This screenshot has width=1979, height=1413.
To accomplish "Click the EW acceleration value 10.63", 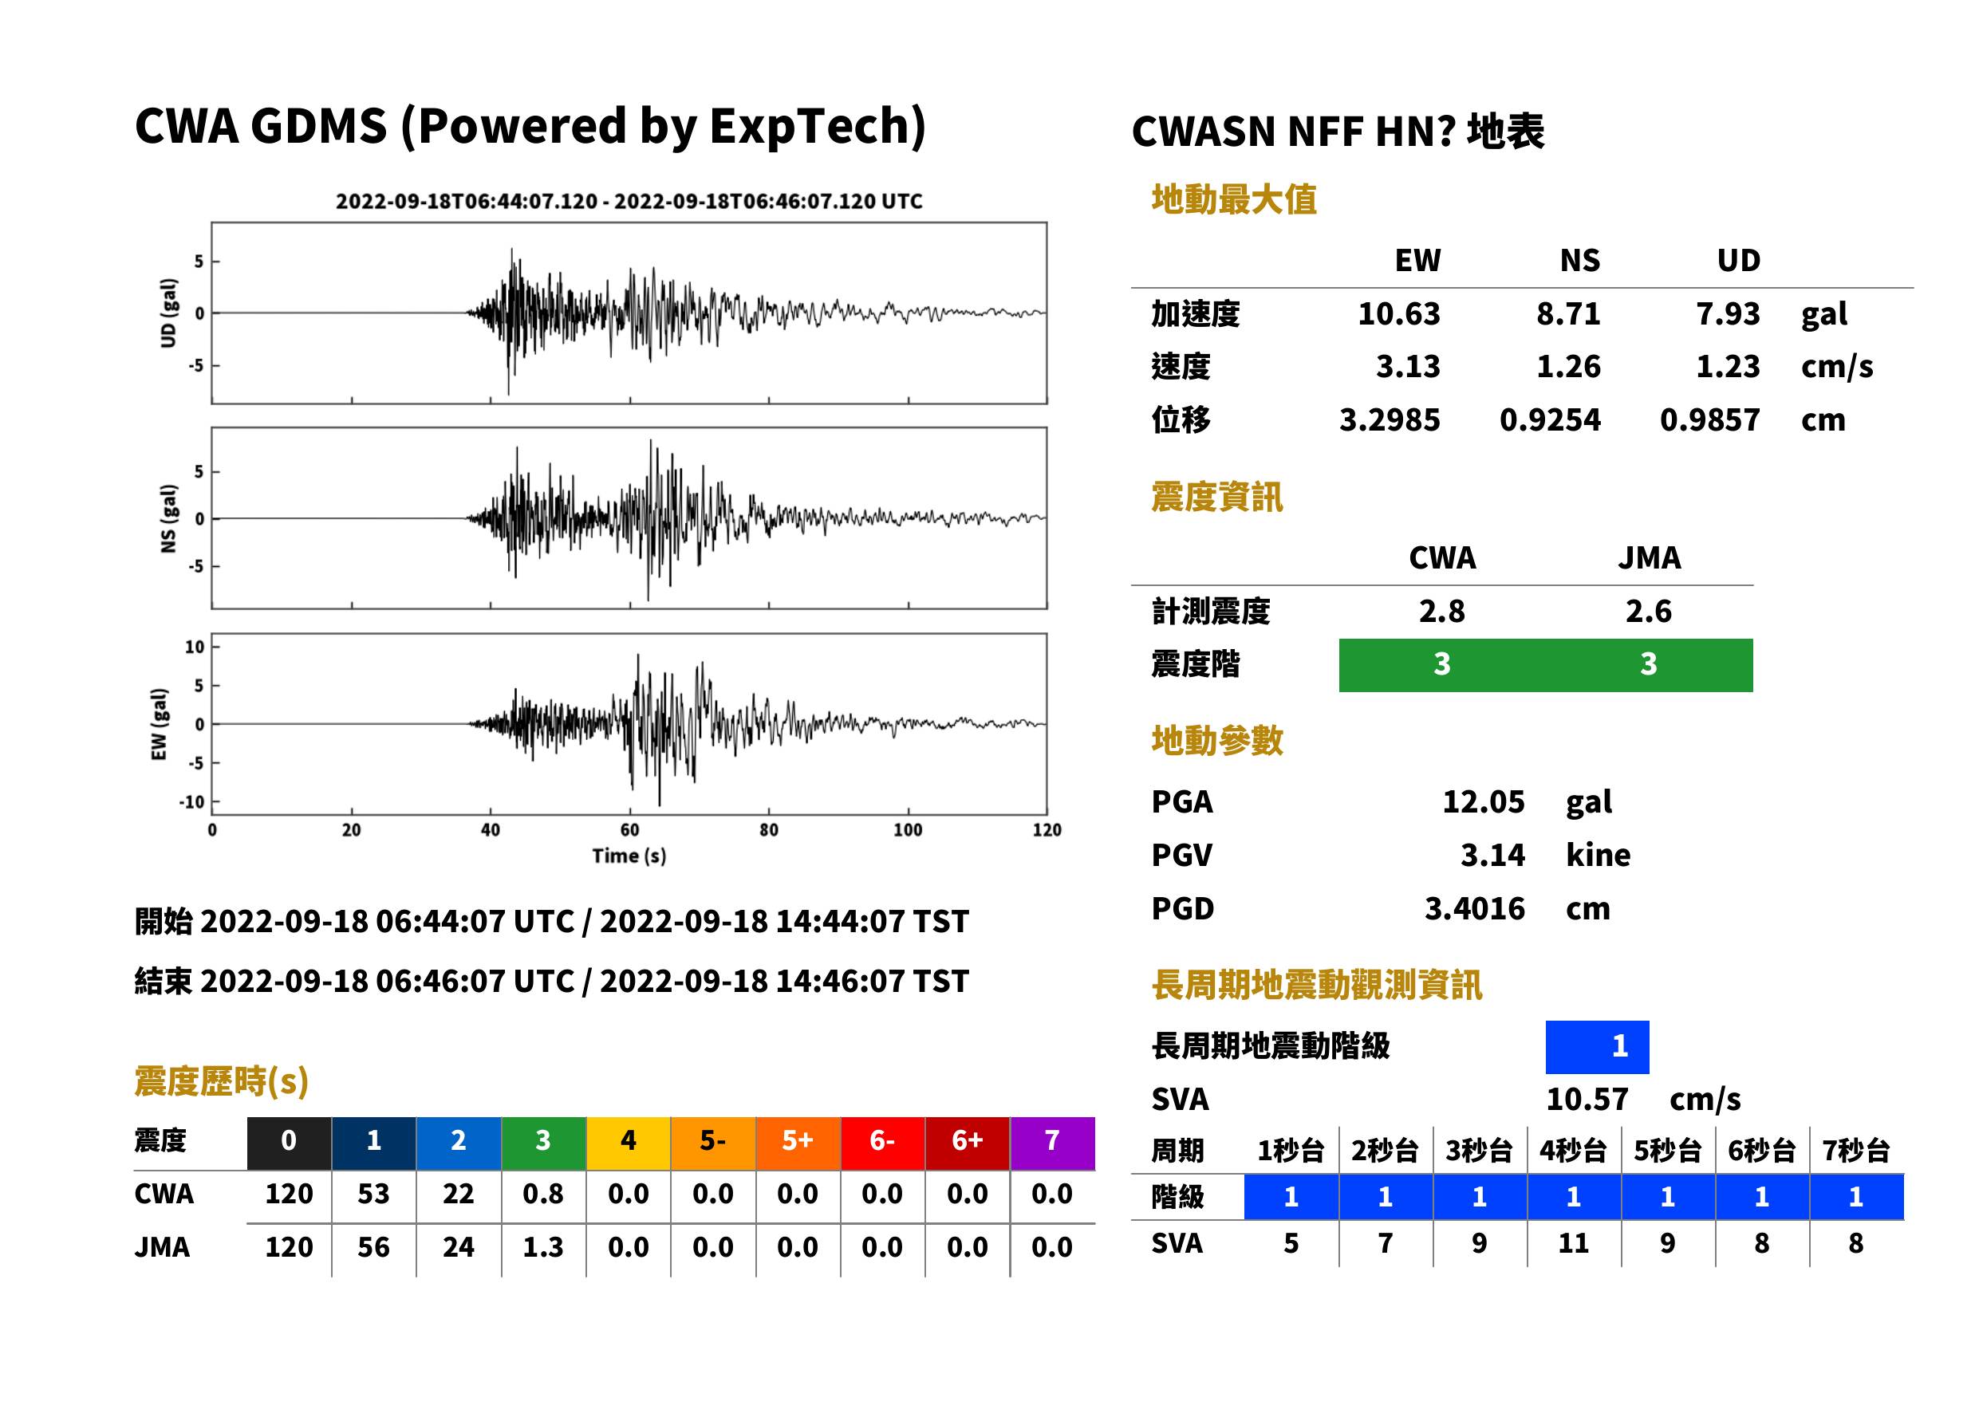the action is (x=1398, y=313).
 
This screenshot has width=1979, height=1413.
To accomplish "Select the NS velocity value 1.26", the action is (x=1568, y=366).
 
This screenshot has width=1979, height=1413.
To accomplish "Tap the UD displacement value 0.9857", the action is (x=1709, y=420).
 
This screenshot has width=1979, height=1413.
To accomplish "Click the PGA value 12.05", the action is (x=1483, y=801).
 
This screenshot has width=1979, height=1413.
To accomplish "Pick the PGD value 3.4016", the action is (x=1474, y=908).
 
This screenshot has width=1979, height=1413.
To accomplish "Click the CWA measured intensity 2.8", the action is (x=1442, y=612).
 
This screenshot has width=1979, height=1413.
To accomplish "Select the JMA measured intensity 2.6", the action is (x=1648, y=612).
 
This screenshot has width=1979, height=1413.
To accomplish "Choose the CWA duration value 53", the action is (x=373, y=1194).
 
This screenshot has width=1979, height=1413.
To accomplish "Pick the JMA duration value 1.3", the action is (x=543, y=1248).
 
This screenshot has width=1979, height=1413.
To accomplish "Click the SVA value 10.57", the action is (x=1587, y=1100).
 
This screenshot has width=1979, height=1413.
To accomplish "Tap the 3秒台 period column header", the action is (x=1480, y=1150).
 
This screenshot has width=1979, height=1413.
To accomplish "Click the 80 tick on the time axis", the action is (x=768, y=830).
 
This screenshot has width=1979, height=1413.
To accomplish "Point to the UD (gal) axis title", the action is (x=168, y=313).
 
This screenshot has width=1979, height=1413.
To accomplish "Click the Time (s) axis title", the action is (x=629, y=856).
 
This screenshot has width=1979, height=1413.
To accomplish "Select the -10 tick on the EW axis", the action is (x=192, y=802).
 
